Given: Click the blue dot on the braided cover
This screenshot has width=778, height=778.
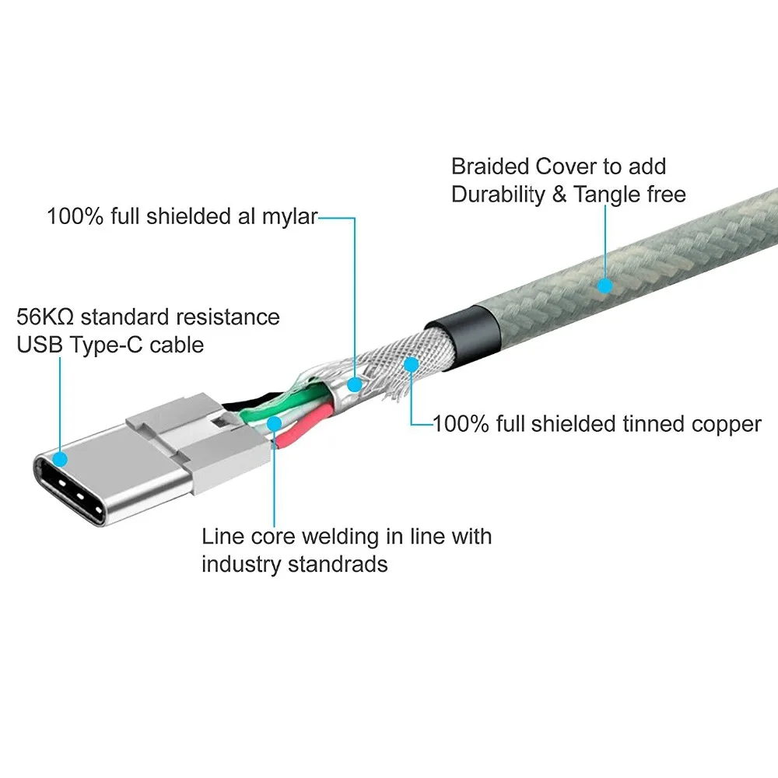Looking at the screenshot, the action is [605, 286].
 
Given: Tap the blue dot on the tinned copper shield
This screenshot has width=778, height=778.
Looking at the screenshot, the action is [411, 365].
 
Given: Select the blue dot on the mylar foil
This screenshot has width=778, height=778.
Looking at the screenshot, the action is [354, 384].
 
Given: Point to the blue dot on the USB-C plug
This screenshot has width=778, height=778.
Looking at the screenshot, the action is [60, 459].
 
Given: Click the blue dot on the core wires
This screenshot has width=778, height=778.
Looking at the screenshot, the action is [275, 423].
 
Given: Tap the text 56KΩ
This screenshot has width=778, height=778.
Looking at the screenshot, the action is [45, 317].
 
